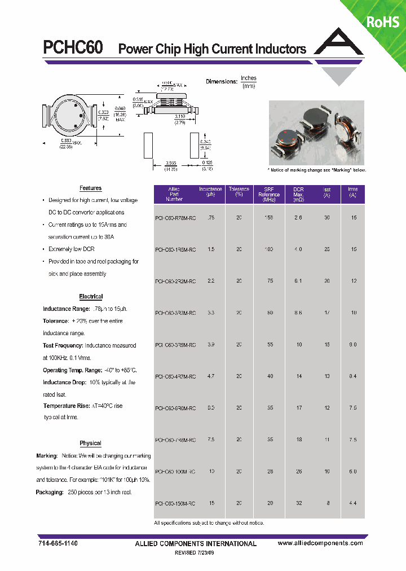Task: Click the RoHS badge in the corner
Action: click(x=383, y=22)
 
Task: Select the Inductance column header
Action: click(x=210, y=192)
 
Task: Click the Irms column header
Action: click(x=352, y=192)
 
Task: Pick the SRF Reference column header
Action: click(x=269, y=195)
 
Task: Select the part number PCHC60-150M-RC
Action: click(x=175, y=503)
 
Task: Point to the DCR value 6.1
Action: click(x=298, y=280)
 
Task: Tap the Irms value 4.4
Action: click(x=352, y=503)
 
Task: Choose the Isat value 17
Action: click(x=327, y=312)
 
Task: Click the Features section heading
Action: click(x=90, y=188)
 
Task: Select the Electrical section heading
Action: click(x=91, y=297)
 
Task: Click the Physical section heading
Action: click(x=90, y=443)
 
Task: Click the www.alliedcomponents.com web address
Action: click(x=321, y=543)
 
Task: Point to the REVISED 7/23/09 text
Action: click(x=196, y=553)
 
